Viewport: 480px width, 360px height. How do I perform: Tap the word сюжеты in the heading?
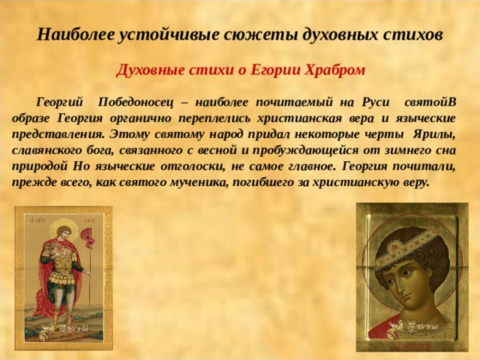pos(260,35)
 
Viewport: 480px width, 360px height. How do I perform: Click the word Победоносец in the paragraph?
pos(135,102)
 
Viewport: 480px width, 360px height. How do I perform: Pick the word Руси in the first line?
pos(376,102)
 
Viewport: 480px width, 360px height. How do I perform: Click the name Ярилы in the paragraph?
pos(434,134)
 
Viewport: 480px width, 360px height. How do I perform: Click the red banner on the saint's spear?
pos(87,238)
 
